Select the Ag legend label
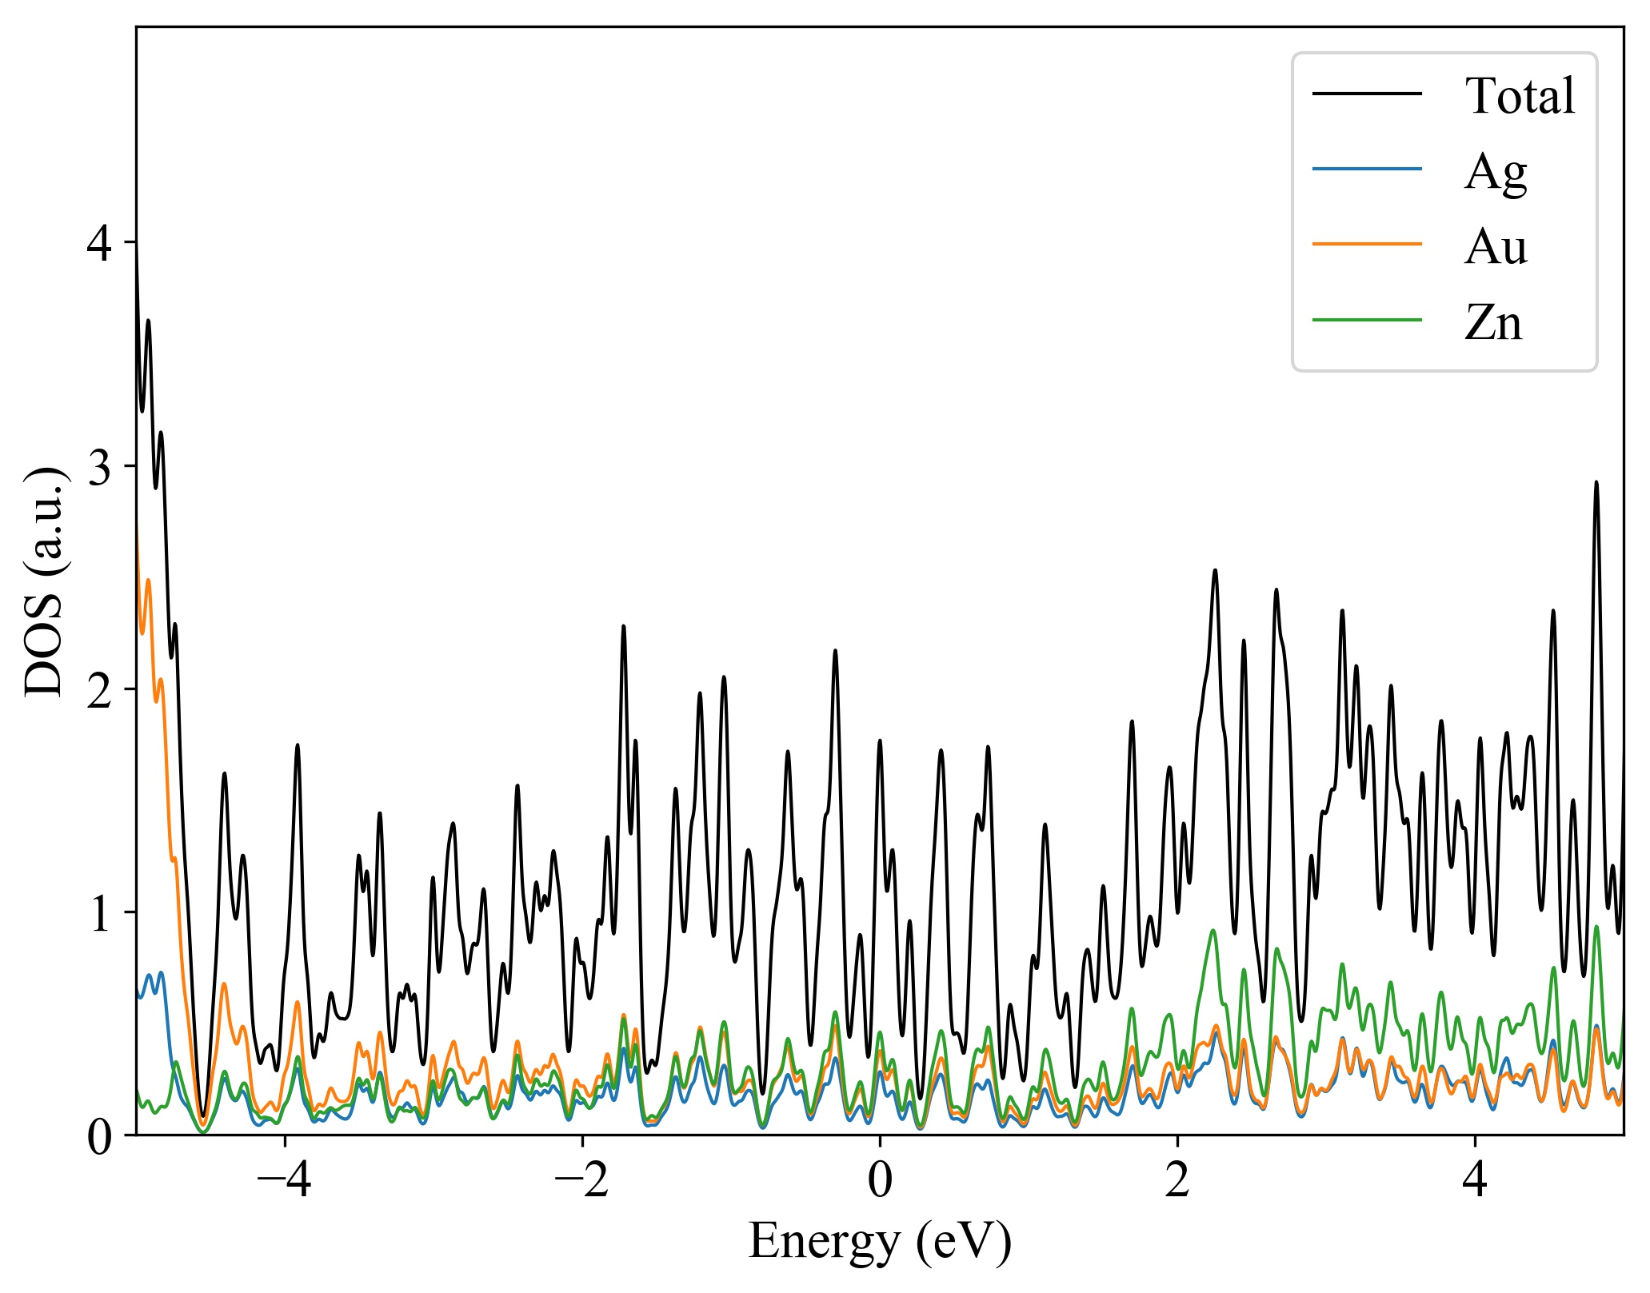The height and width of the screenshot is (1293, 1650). click(1495, 172)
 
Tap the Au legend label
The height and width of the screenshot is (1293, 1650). click(1495, 247)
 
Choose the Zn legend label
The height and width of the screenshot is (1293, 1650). click(1492, 323)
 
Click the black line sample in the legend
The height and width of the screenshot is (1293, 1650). click(1367, 94)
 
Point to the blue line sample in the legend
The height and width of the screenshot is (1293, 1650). click(1367, 169)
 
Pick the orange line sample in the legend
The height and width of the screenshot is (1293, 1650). click(1367, 244)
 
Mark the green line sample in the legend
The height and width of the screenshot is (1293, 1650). click(1367, 320)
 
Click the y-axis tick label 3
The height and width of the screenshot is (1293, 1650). click(100, 467)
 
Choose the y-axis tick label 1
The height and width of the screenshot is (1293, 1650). click(100, 913)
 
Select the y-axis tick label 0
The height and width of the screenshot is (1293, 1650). click(100, 1136)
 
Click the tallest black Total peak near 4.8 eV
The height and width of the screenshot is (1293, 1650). click(1596, 483)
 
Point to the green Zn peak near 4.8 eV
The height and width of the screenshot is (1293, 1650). click(1596, 928)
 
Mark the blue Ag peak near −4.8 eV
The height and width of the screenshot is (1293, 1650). click(161, 973)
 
